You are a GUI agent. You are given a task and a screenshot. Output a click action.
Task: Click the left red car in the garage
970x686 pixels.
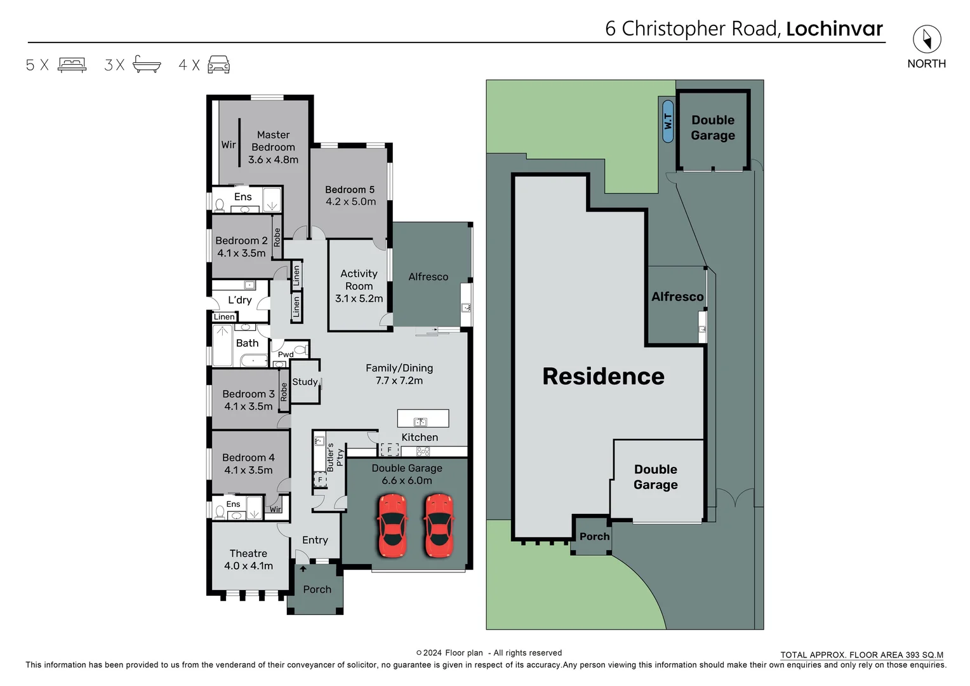tap(392, 526)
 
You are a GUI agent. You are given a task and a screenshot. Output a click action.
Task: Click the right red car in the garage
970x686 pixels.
tap(439, 526)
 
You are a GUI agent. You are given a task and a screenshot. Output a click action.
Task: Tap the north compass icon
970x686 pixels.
tap(926, 40)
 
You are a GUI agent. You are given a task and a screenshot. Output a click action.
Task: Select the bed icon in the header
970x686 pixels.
tap(72, 65)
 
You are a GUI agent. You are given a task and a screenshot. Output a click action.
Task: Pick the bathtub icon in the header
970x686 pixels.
tap(147, 65)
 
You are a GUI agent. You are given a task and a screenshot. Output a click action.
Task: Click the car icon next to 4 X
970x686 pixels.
tap(218, 65)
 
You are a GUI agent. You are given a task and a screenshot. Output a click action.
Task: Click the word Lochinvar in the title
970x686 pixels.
tap(834, 29)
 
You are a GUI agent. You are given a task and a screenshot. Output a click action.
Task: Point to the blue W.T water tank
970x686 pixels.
tap(667, 121)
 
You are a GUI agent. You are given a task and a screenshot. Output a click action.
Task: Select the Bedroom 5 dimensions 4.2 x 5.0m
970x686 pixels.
tap(350, 202)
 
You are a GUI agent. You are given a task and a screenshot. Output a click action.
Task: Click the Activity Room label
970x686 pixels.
tap(359, 279)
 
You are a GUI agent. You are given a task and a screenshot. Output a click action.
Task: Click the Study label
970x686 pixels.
tap(305, 382)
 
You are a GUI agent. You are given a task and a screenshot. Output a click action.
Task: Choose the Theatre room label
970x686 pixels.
tap(248, 553)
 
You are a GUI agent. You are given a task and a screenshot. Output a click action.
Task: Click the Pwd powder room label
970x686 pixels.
tap(286, 354)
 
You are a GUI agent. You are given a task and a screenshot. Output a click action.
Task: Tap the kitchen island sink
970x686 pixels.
tap(420, 422)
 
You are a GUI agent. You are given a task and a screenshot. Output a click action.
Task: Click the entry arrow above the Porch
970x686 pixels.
tap(303, 568)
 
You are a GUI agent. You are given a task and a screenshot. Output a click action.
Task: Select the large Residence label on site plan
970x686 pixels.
tap(603, 377)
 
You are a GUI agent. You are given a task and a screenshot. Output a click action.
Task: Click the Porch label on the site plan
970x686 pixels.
tap(594, 537)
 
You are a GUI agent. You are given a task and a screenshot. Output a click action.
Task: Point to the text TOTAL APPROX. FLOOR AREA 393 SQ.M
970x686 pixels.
tap(861, 655)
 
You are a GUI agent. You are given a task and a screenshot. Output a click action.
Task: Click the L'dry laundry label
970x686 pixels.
tap(240, 300)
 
